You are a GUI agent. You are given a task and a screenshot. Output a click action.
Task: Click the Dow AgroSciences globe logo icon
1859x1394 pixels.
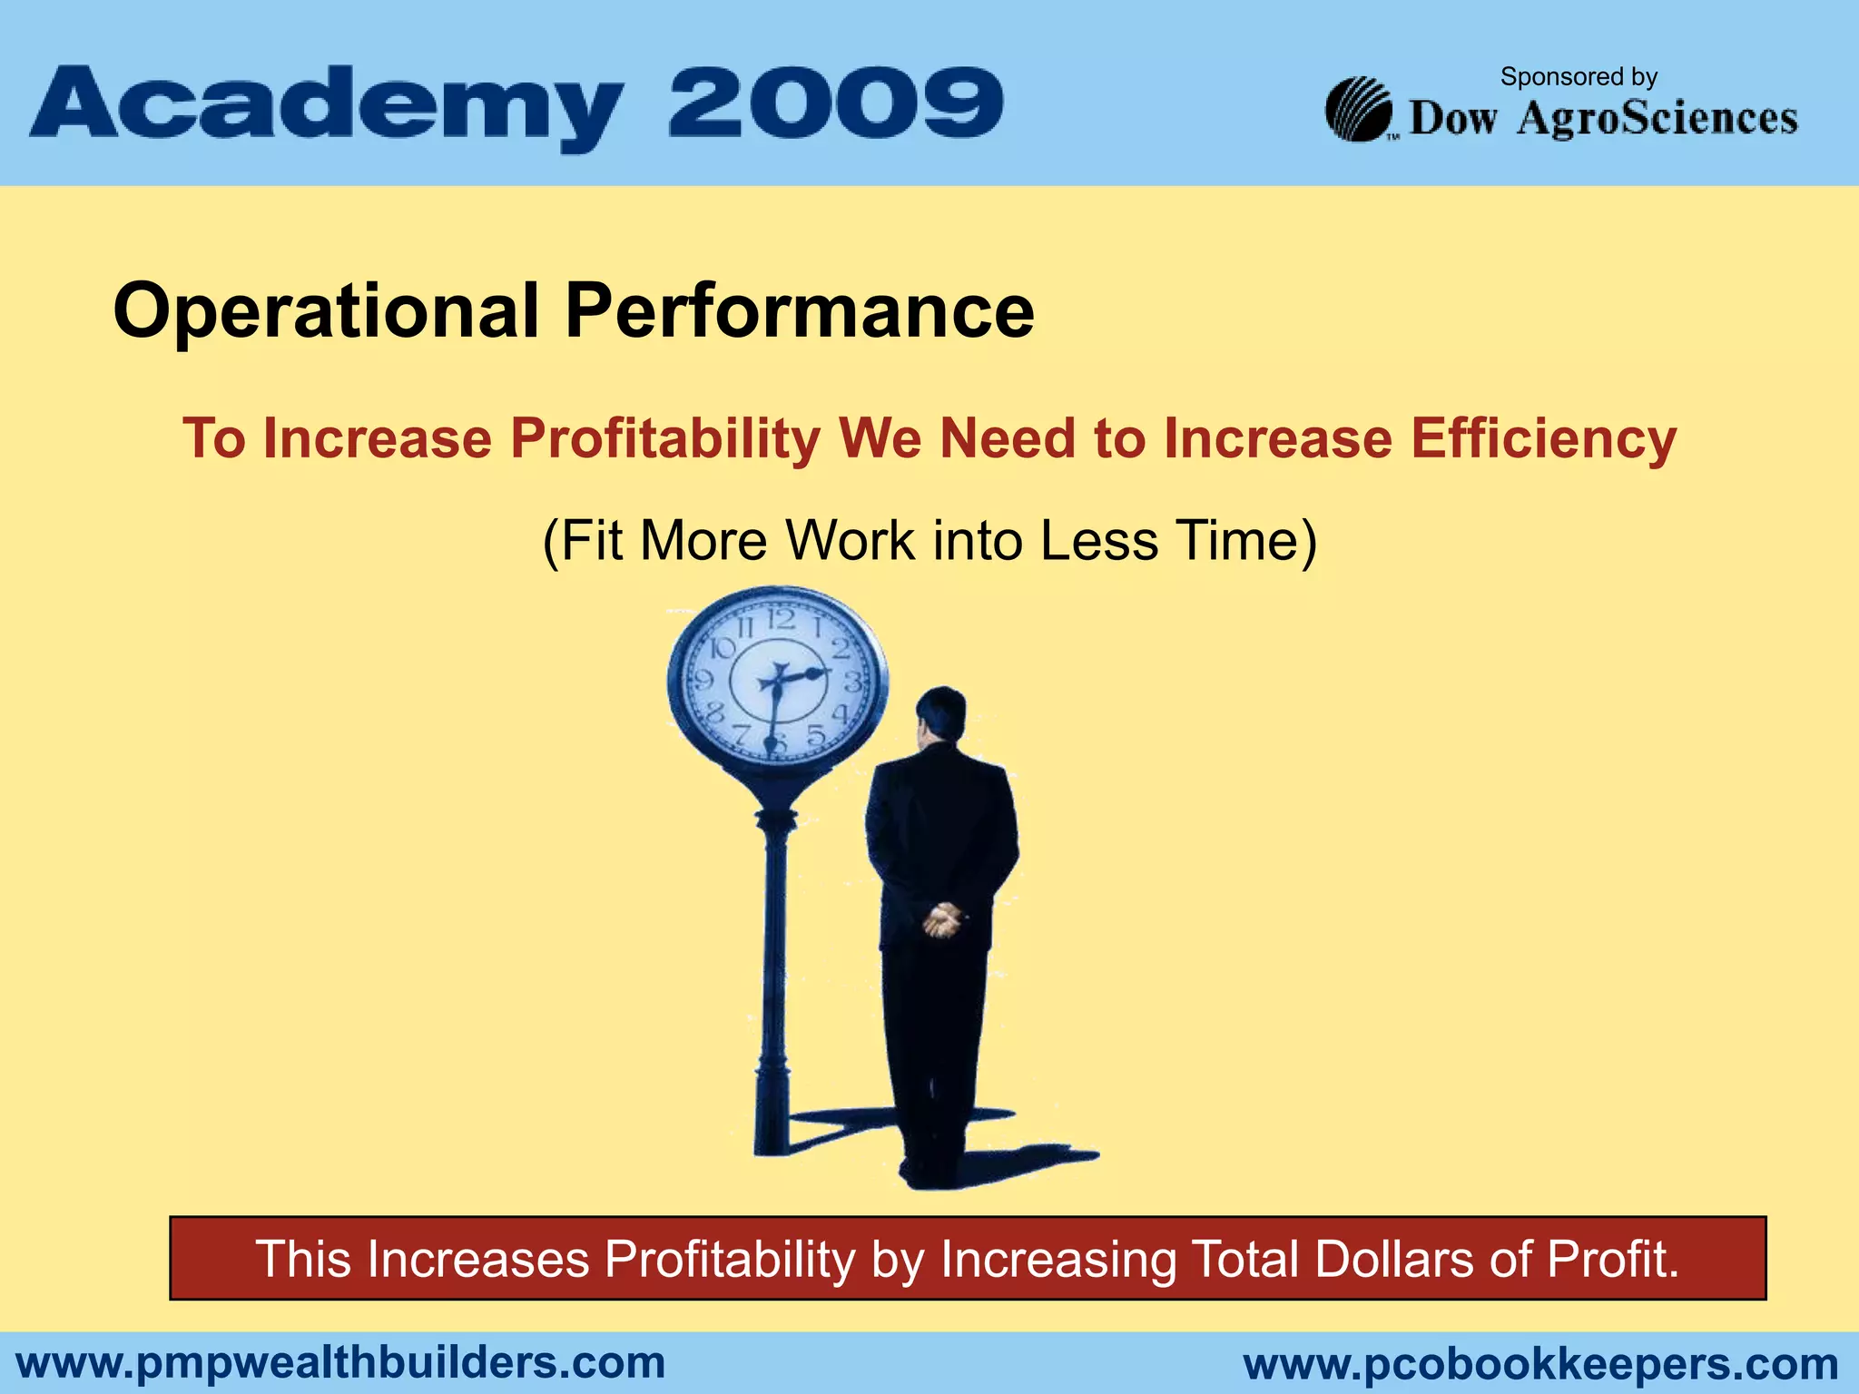pos(1358,110)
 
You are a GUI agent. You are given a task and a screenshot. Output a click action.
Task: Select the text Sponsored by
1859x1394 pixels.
pos(1579,77)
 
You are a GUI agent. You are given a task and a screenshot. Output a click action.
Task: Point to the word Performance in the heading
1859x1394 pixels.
pos(799,311)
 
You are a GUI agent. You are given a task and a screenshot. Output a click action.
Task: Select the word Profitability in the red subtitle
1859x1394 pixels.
pos(664,439)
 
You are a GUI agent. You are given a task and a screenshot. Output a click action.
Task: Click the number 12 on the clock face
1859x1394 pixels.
pos(782,620)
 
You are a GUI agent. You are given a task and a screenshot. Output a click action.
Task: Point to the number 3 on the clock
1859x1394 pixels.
pos(852,681)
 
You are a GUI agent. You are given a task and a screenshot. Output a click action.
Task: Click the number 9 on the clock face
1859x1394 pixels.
pos(703,679)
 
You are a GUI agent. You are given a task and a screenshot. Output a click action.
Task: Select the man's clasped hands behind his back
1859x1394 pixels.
pos(941,921)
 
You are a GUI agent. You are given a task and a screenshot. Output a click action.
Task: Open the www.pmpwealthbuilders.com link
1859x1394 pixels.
pos(341,1362)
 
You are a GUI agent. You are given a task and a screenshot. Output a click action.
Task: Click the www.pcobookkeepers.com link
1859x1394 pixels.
pos(1540,1364)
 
